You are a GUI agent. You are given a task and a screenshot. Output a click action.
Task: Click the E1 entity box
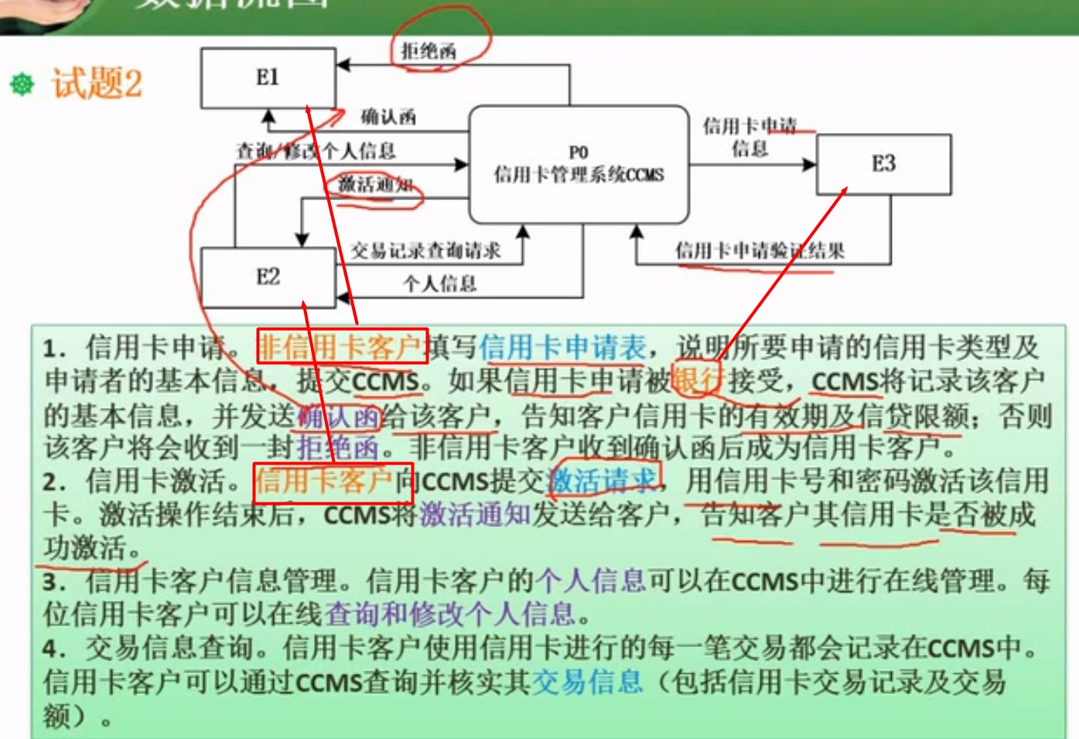pos(268,77)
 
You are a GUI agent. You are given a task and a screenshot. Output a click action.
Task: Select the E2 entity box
pos(268,277)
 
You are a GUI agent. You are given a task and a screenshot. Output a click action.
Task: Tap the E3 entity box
pos(883,164)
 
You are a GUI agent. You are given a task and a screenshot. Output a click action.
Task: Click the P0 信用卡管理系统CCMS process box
pos(579,165)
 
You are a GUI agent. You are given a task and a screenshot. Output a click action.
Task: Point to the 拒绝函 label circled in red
pos(429,52)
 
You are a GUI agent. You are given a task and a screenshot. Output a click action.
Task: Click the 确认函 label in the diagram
pos(388,117)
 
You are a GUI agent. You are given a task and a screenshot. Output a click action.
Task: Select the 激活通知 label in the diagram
pos(375,185)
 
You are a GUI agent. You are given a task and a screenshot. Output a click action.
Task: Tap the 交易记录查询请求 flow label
pos(425,250)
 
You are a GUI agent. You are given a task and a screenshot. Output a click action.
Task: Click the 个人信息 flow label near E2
pos(439,284)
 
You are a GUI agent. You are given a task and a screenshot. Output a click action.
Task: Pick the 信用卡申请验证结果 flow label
pos(760,250)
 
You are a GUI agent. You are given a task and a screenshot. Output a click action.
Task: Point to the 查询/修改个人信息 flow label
pos(316,151)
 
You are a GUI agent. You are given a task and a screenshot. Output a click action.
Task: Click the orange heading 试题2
pos(97,83)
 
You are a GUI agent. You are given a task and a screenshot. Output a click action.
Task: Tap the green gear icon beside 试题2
pos(22,83)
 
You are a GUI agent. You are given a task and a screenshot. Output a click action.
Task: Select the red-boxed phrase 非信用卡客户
pos(340,347)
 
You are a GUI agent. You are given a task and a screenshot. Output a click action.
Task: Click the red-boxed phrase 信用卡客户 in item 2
pos(324,482)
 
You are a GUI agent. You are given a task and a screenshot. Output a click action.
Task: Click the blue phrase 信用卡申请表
pos(562,347)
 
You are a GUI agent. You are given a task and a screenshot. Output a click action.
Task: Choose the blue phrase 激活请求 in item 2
pos(602,482)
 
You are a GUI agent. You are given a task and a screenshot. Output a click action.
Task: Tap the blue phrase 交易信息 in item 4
pos(587,682)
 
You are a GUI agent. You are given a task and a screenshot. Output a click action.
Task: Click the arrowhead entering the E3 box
pos(810,165)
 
